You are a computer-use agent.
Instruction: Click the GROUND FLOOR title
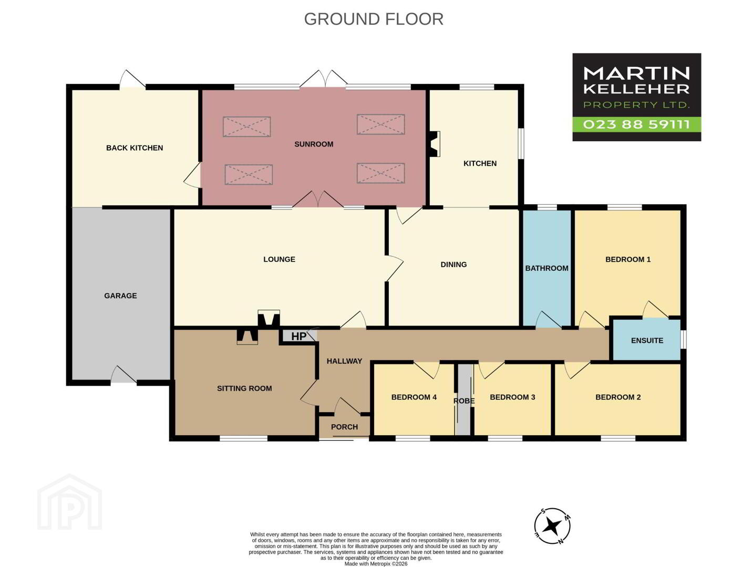(374, 19)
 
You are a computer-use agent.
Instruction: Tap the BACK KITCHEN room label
(135, 148)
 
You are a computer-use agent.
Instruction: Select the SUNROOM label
(314, 144)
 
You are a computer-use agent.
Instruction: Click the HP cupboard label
(298, 337)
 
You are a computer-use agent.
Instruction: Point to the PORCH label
(344, 427)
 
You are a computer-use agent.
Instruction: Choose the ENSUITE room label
(647, 341)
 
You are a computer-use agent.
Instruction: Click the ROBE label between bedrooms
(464, 401)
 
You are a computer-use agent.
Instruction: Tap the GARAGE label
(120, 296)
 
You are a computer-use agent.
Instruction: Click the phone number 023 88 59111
(636, 124)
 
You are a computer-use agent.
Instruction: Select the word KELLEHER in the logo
(636, 89)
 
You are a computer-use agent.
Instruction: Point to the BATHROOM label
(547, 268)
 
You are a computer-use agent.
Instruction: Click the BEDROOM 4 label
(414, 397)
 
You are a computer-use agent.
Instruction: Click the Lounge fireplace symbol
(269, 318)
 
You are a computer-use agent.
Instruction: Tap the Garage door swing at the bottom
(123, 374)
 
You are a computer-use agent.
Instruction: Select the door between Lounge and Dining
(394, 269)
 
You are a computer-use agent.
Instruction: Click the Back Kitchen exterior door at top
(132, 78)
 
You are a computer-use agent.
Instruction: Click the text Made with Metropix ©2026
(376, 564)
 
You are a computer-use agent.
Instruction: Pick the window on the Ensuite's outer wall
(683, 339)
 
